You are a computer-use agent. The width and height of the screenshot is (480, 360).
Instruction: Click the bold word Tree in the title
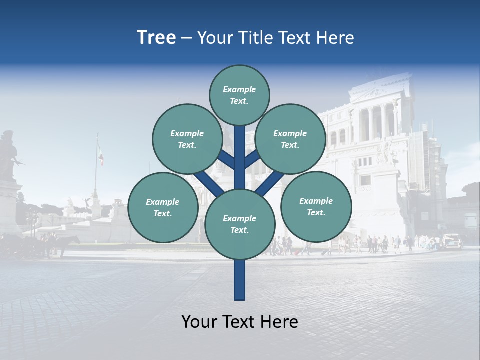coord(156,37)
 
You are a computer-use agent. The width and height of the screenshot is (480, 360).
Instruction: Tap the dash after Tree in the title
coord(187,38)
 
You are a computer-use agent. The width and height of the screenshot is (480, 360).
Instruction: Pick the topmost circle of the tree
coord(239,95)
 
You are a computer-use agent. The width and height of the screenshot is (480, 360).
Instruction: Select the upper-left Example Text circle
coord(187,139)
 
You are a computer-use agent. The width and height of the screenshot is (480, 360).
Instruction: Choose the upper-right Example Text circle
coord(290,139)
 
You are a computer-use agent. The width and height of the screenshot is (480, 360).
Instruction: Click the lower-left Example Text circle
coord(163,207)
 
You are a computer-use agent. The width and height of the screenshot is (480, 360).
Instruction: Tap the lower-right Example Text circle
coord(316,206)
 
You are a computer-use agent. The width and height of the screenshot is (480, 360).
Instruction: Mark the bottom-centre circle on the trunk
coord(240,224)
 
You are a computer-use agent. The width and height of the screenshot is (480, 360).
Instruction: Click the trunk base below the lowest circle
coord(240,280)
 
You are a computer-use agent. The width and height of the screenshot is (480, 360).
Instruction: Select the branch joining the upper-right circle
coord(252,159)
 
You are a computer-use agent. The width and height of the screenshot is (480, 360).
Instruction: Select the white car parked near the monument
coord(451,241)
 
